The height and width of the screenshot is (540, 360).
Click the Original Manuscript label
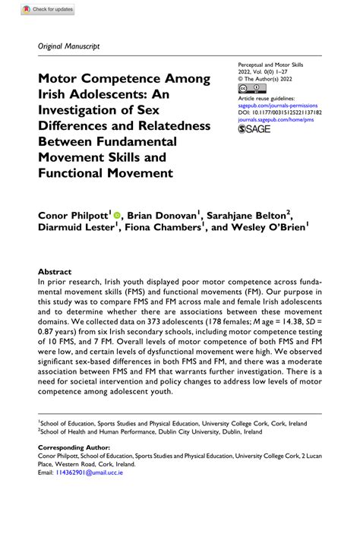click(68, 46)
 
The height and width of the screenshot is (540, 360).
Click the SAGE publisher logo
click(254, 131)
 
